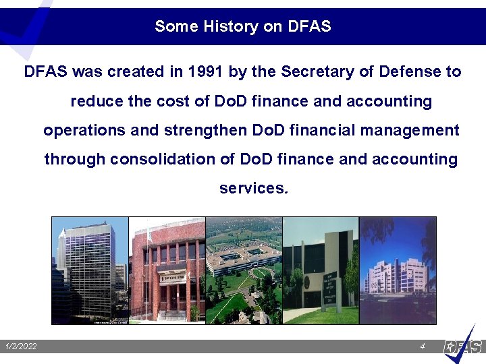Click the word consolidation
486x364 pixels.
pos(166,159)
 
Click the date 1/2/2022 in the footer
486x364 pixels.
pos(20,346)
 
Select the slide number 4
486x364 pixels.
pos(422,346)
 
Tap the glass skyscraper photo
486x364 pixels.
pos(90,270)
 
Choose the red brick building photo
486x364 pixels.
pos(167,270)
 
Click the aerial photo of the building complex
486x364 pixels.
pos(244,270)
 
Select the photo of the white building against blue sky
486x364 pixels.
pos(398,270)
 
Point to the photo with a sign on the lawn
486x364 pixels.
pos(321,270)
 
